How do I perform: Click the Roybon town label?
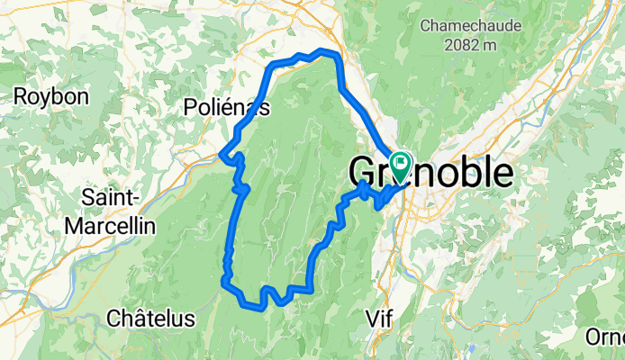tap(50, 96)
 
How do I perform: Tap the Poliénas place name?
tap(226, 107)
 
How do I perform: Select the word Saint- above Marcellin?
tap(110, 196)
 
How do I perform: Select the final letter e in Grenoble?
tap(503, 175)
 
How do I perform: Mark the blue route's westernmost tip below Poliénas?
tap(222, 156)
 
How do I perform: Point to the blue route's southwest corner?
tap(224, 283)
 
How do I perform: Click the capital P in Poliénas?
tap(190, 107)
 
